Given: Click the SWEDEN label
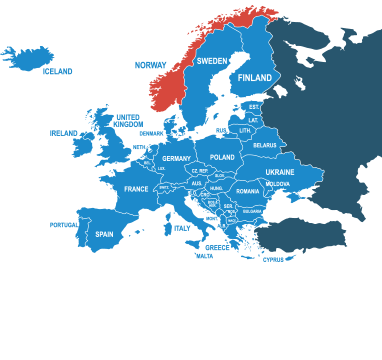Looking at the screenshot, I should (x=211, y=61).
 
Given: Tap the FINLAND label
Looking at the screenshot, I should (x=255, y=78).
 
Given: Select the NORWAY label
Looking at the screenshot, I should (x=150, y=65).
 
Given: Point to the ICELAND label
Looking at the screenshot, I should (x=58, y=72).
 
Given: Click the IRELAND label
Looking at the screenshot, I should (x=63, y=132).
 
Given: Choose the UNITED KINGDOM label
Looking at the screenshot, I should (x=127, y=120).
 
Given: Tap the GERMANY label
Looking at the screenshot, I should (x=176, y=159).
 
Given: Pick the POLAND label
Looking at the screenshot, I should (x=222, y=158).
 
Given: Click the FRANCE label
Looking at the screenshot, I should (x=136, y=189).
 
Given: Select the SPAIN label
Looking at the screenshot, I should (x=104, y=235).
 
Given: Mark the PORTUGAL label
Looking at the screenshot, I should (x=63, y=225).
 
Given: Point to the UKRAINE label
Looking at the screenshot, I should (x=280, y=172).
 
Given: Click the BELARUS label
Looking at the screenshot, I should (x=265, y=146).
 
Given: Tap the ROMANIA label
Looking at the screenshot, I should (x=248, y=191).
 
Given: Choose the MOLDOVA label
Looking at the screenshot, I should (x=278, y=184).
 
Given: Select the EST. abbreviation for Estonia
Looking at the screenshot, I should (x=254, y=106).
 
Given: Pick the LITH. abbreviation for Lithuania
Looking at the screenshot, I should (x=245, y=131).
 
